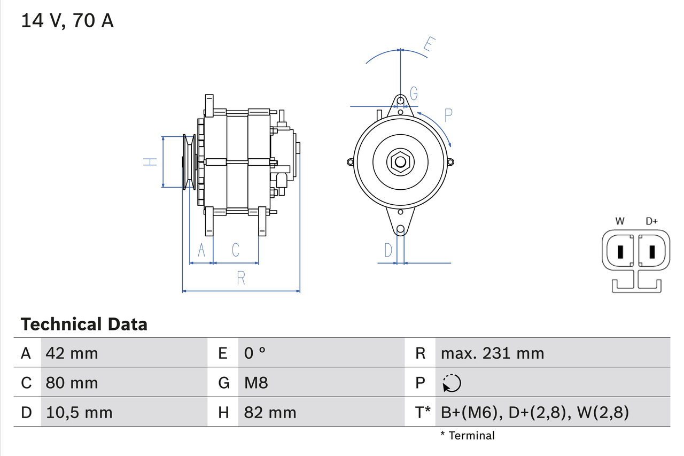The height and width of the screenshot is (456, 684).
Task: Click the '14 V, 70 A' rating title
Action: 67,21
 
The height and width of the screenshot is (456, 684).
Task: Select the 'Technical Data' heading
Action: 84,324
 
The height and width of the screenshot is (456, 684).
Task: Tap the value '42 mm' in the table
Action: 72,353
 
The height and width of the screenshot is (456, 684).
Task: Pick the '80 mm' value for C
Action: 72,383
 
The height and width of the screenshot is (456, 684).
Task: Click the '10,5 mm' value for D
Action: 79,412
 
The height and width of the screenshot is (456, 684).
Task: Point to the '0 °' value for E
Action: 255,353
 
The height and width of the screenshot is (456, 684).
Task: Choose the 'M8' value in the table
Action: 256,383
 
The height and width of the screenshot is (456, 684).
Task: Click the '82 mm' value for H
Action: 270,412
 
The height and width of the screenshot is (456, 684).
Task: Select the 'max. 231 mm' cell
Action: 492,353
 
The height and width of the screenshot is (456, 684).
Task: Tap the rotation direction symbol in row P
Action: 452,383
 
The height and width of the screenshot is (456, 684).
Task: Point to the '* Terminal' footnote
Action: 468,436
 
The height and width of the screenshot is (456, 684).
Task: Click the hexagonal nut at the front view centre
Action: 400,162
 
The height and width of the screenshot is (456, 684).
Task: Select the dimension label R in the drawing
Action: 241,278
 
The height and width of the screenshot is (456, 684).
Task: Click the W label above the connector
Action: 620,221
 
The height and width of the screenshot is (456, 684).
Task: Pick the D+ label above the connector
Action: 651,221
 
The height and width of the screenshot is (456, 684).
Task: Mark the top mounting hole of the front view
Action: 400,101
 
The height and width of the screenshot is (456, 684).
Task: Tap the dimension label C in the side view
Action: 235,250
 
